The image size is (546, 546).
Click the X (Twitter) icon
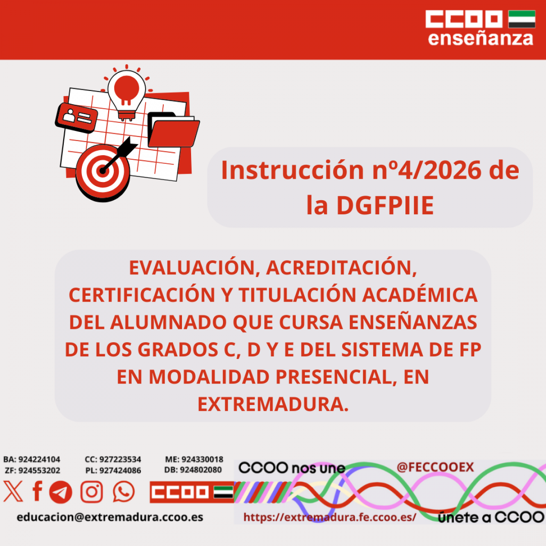point(13,492)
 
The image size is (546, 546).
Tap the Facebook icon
point(37,491)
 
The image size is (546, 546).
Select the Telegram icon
point(61,492)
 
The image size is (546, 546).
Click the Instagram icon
point(92,492)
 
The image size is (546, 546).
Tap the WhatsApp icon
point(124,492)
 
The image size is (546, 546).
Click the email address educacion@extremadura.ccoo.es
point(110,517)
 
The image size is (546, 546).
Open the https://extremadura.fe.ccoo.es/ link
point(329,517)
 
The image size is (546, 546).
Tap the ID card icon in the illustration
point(76,117)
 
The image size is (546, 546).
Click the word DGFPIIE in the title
point(384,206)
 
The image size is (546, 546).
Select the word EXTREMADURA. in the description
point(273,404)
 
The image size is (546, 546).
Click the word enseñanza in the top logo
point(480,38)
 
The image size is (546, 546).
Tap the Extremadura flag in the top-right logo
point(521,19)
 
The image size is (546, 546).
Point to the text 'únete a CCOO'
point(490,517)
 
